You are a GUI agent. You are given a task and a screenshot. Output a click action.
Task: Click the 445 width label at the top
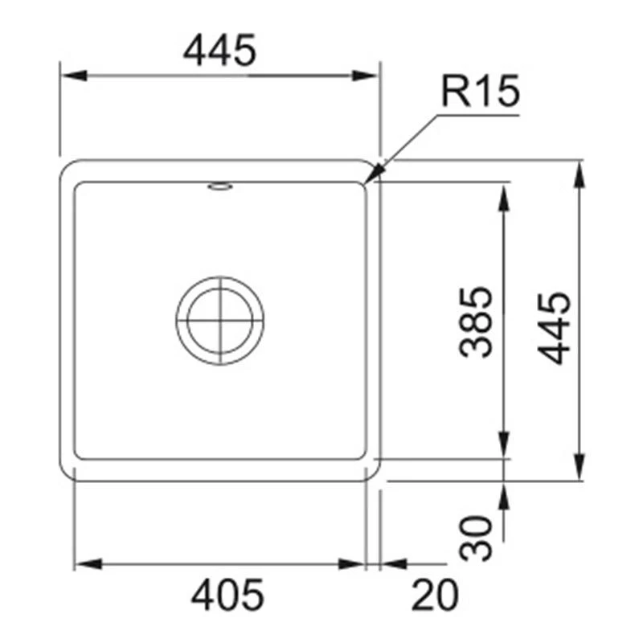pos(219,51)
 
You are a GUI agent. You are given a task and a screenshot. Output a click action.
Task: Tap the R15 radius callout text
pos(481,93)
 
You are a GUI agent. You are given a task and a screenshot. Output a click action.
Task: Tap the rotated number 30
pos(476,539)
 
